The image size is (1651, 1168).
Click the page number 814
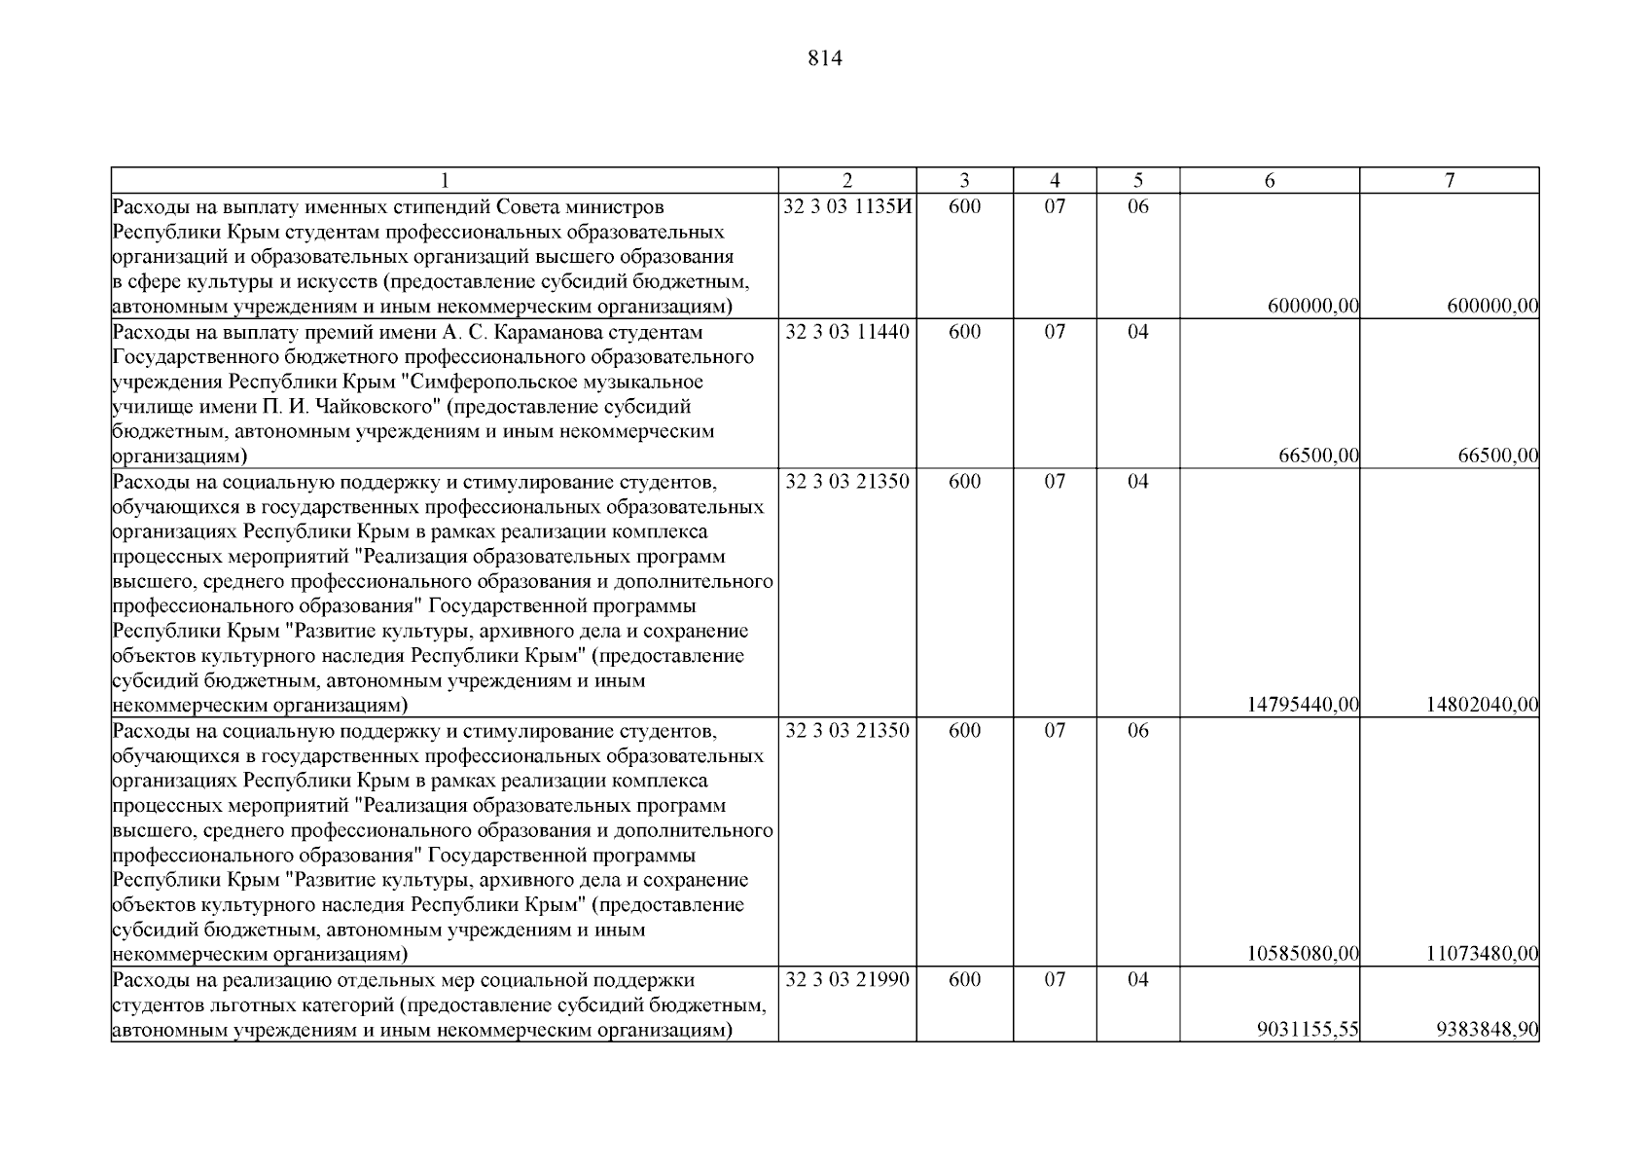coord(825,59)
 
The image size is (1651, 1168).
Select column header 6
coord(1270,181)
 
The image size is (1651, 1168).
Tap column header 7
coord(1450,181)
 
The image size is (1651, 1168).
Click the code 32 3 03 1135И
coord(847,207)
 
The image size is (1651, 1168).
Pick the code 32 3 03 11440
coord(847,332)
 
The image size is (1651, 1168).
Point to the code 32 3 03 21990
coord(847,980)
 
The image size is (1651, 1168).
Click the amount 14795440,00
coord(1303,705)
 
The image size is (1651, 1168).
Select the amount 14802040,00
coord(1483,705)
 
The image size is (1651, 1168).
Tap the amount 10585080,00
coord(1303,954)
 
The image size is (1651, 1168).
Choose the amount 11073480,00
coord(1483,954)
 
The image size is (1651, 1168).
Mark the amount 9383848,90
coord(1488,1030)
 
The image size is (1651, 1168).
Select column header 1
coord(445,181)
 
